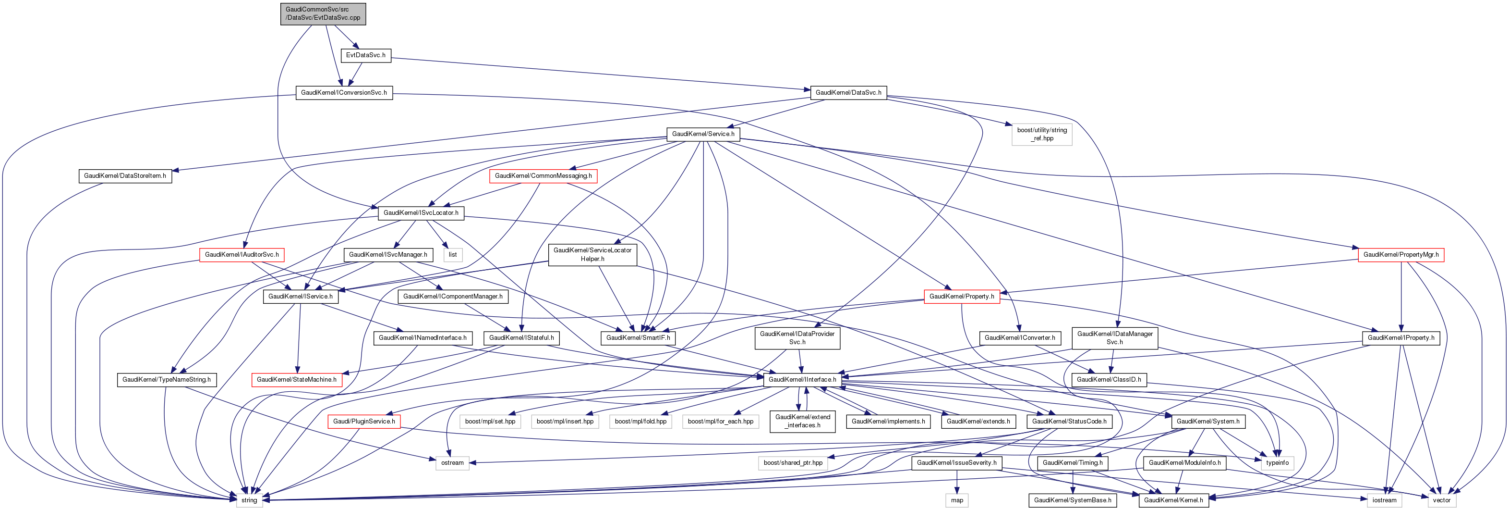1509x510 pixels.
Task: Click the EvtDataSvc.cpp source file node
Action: click(323, 13)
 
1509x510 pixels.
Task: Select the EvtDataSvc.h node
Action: click(365, 55)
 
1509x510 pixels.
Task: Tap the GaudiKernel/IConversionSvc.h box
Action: click(344, 93)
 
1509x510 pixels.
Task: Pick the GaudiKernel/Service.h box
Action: click(703, 134)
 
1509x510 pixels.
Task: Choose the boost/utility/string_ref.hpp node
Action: click(1041, 134)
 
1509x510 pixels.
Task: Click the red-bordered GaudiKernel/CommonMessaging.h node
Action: click(543, 176)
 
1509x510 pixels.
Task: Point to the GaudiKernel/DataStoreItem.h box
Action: click(125, 176)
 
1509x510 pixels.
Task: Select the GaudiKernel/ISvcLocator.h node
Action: click(421, 213)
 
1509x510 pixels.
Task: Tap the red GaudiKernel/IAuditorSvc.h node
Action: click(241, 254)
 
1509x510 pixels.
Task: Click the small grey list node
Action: click(452, 254)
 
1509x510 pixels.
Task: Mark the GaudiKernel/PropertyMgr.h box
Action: click(1400, 254)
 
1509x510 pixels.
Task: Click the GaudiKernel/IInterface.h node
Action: click(802, 379)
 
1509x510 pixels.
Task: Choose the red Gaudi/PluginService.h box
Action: click(364, 421)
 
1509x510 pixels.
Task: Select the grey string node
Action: click(249, 500)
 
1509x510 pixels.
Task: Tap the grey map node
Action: click(956, 500)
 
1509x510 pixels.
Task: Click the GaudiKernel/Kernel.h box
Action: click(1173, 500)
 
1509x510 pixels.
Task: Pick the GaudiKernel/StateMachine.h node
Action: click(296, 379)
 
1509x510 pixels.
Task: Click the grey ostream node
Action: click(452, 462)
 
